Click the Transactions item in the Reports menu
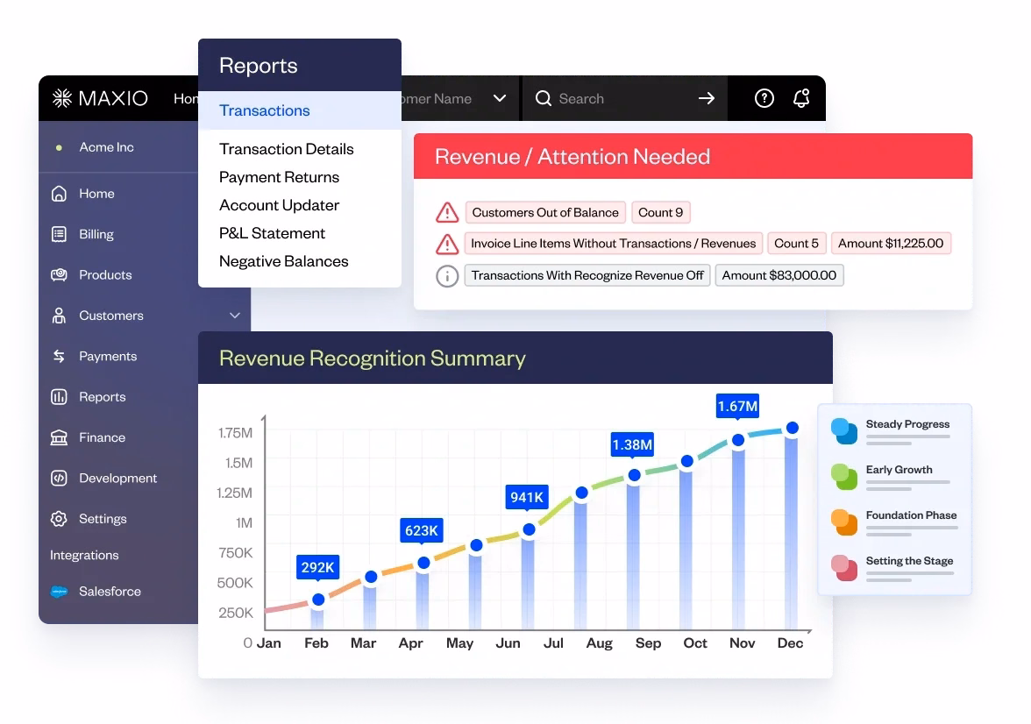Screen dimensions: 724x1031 (265, 110)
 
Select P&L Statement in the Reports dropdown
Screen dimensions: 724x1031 (272, 233)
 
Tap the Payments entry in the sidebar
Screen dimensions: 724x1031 (108, 356)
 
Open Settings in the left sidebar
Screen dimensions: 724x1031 (103, 519)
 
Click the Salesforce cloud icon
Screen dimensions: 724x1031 (60, 592)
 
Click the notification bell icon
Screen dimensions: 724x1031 (801, 98)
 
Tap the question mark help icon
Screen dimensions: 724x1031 (764, 98)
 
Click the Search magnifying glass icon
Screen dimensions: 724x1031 (544, 98)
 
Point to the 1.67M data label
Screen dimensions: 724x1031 (737, 406)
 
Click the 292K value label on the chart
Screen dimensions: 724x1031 (317, 567)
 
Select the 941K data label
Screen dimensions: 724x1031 (527, 498)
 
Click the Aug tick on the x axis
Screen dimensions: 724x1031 (600, 643)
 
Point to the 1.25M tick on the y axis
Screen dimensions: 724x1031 (234, 493)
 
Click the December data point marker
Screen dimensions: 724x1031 (792, 428)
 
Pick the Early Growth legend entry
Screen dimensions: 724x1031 (899, 470)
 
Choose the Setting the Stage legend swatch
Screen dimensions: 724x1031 (844, 567)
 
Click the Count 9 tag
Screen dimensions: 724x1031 (660, 212)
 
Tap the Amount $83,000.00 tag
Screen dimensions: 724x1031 (779, 275)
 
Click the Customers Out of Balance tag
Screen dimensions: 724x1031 (545, 212)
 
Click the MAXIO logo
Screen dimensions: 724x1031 (101, 98)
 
